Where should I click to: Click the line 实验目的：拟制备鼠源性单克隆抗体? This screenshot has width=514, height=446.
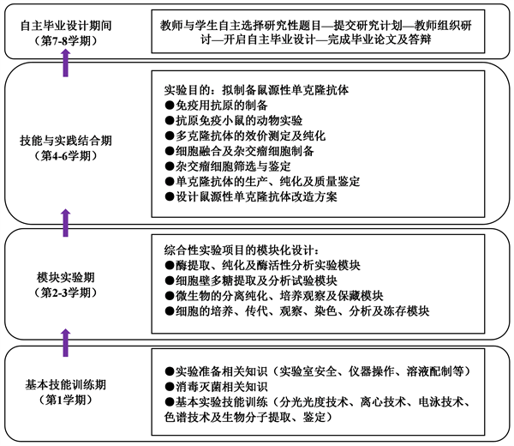[256, 89]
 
